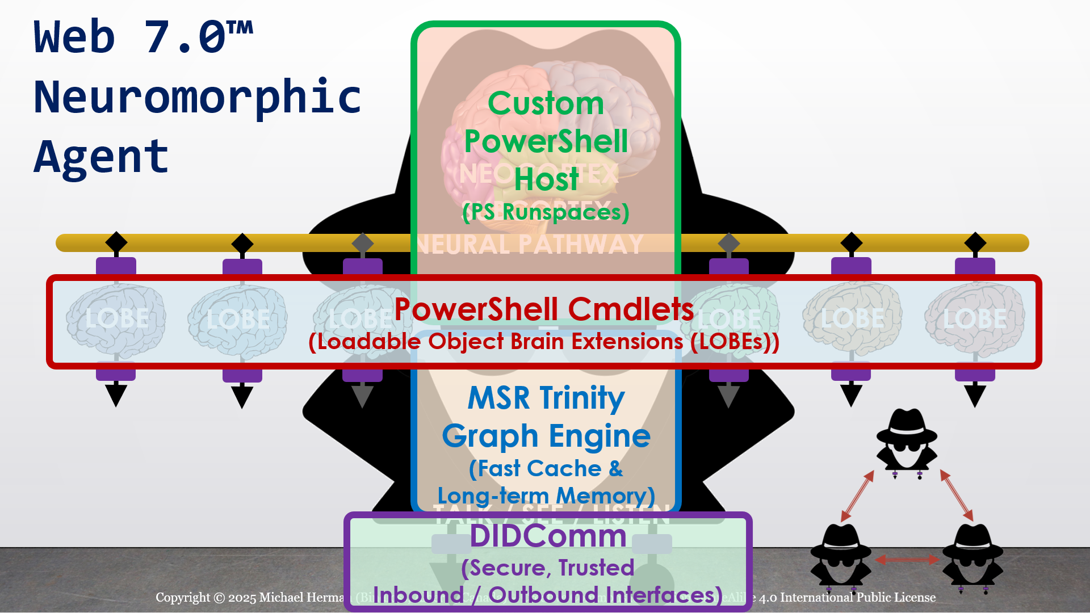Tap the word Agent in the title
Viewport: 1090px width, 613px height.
pos(101,157)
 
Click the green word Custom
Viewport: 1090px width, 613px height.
pos(546,104)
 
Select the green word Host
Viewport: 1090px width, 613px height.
pos(546,179)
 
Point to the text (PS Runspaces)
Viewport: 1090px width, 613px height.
pos(546,212)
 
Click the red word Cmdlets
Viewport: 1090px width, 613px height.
pos(631,309)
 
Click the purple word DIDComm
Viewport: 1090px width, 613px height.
pos(548,536)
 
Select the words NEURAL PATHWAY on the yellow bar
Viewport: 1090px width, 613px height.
pos(530,245)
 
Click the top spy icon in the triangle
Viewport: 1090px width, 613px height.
pos(907,440)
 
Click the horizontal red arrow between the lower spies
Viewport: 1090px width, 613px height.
pos(907,560)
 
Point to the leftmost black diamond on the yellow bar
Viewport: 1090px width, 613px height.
pos(116,242)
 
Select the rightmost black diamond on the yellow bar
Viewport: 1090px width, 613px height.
pos(975,242)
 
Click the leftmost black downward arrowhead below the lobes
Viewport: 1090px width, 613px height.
pos(116,395)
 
